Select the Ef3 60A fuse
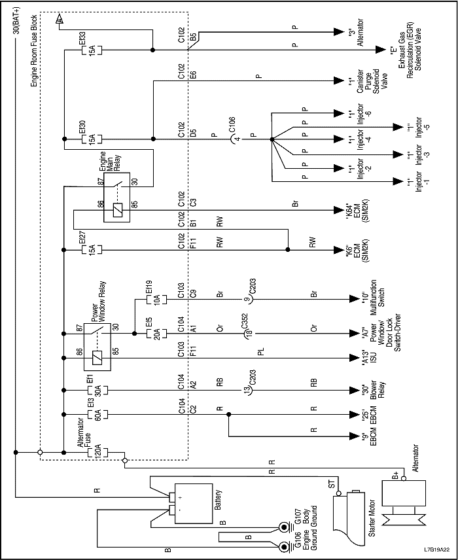pyautogui.click(x=94, y=413)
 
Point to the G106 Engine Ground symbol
pyautogui.click(x=285, y=547)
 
